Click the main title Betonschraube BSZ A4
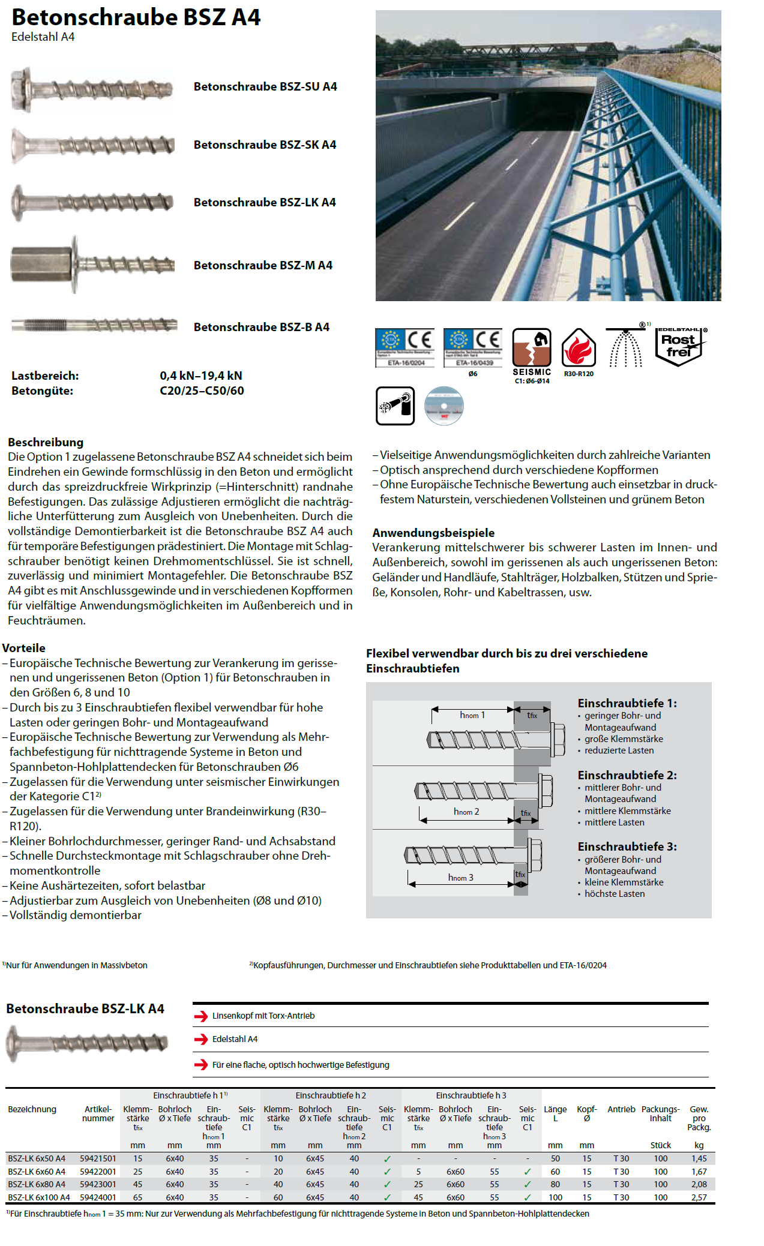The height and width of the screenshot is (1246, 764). click(x=136, y=17)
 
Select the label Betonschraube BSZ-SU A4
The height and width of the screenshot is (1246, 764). click(x=265, y=86)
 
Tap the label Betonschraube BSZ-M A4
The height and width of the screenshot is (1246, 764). click(x=262, y=265)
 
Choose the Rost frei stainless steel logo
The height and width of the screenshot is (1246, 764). click(x=680, y=346)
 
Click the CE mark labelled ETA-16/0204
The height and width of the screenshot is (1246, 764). click(x=405, y=347)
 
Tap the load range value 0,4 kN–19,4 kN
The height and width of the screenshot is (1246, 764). click(x=200, y=376)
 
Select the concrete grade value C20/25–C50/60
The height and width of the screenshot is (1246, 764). click(x=202, y=391)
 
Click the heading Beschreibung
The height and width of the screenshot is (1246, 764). click(x=46, y=442)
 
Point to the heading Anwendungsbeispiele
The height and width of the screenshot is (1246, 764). click(x=433, y=533)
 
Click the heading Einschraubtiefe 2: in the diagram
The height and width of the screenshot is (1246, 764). click(x=627, y=775)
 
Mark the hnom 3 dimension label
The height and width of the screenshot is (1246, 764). click(x=460, y=878)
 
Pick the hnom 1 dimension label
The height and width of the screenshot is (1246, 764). click(x=472, y=715)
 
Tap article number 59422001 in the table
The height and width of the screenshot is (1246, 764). click(x=98, y=1172)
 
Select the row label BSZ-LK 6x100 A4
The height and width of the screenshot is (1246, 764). click(x=39, y=1197)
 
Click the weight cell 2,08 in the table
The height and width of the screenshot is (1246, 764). click(x=699, y=1184)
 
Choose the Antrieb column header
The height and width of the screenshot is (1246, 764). click(x=621, y=1109)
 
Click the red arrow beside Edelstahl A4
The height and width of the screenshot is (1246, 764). click(x=200, y=1039)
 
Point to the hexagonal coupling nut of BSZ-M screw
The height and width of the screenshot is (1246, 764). click(x=40, y=264)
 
